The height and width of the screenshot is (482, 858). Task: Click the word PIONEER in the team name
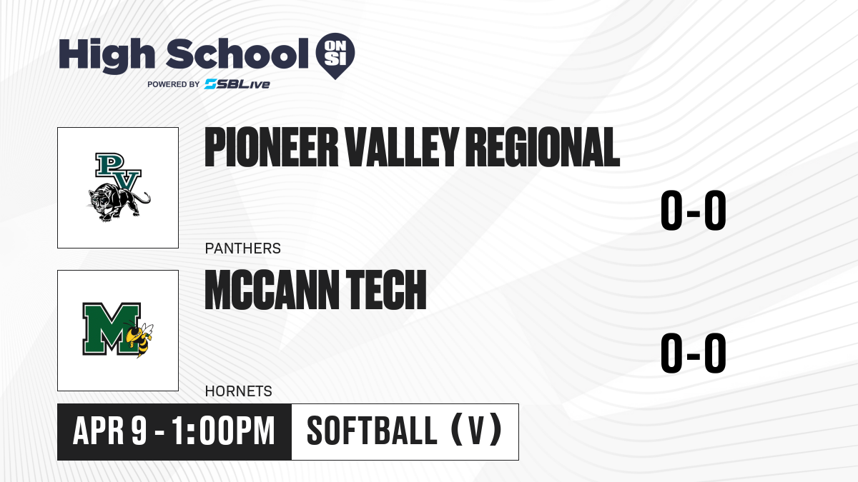click(x=272, y=147)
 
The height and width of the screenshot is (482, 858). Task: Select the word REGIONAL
click(x=543, y=147)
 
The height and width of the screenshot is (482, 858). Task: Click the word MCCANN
click(x=272, y=290)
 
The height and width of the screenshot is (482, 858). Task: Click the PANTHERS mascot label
click(x=243, y=248)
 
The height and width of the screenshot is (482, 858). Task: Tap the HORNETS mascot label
click(x=239, y=391)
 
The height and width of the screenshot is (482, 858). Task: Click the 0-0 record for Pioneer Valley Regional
click(x=694, y=210)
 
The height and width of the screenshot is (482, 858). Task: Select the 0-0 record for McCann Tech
click(x=694, y=353)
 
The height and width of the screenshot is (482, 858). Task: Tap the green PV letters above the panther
click(x=118, y=171)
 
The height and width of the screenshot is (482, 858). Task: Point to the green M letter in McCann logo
click(x=111, y=328)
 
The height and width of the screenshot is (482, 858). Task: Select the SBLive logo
click(x=237, y=84)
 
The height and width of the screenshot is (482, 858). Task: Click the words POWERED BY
click(x=174, y=84)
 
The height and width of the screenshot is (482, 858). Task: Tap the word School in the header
click(x=237, y=54)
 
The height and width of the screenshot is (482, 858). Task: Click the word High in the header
click(x=107, y=56)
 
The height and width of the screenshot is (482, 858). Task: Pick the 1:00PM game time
click(x=223, y=431)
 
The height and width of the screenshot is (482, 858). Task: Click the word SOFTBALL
click(x=372, y=431)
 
